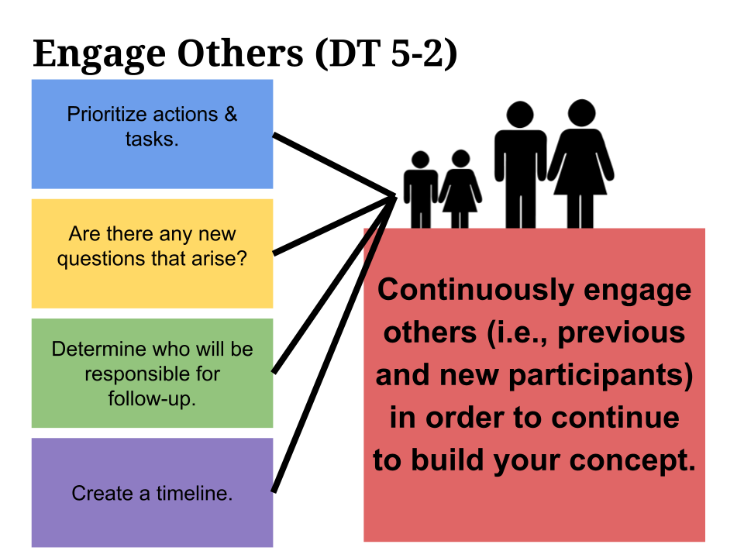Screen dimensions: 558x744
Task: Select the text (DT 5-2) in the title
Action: (386, 53)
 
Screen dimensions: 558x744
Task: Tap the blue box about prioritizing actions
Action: (152, 133)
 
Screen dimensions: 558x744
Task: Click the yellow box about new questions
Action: (152, 253)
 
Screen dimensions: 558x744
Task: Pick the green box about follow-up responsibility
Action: (152, 373)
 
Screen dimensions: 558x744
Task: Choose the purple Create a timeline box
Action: (152, 493)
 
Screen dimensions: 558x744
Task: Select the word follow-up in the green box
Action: (152, 398)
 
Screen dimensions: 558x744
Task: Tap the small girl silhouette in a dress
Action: (460, 190)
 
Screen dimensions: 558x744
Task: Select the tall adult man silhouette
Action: (519, 167)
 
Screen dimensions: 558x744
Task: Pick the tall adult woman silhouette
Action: (580, 167)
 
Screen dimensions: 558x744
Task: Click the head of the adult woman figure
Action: (580, 114)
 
